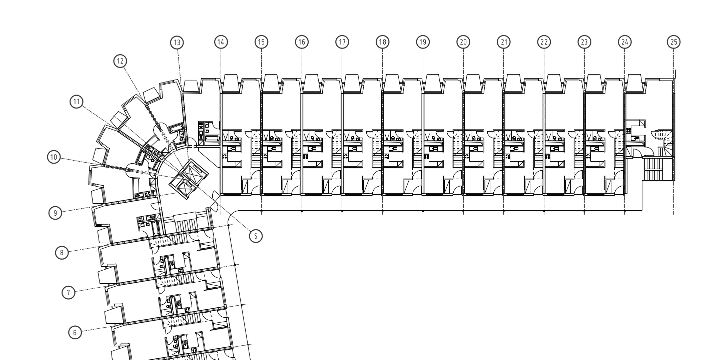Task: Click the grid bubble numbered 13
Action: point(177,42)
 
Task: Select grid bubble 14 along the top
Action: point(220,42)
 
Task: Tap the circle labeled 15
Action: point(261,42)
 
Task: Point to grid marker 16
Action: point(301,42)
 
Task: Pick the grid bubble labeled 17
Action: point(342,42)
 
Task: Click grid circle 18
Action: point(382,42)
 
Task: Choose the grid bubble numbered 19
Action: point(423,42)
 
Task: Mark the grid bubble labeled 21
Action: point(504,42)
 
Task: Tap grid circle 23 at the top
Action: point(584,42)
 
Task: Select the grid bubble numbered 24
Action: point(625,42)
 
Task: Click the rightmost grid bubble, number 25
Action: point(674,42)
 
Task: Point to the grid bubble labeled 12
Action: point(121,61)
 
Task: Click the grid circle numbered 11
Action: point(76,101)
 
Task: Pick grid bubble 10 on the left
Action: point(54,157)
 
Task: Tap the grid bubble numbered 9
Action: point(55,212)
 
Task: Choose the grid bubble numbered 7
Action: point(68,292)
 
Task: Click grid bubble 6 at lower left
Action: point(74,331)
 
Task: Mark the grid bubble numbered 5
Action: point(255,236)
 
